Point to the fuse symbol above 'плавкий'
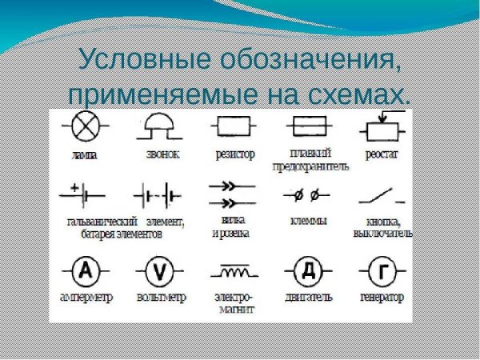point(310,127)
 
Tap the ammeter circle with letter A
point(85,271)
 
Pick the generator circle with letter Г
point(383,271)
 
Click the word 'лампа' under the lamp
point(84,154)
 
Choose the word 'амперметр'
point(86,297)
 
